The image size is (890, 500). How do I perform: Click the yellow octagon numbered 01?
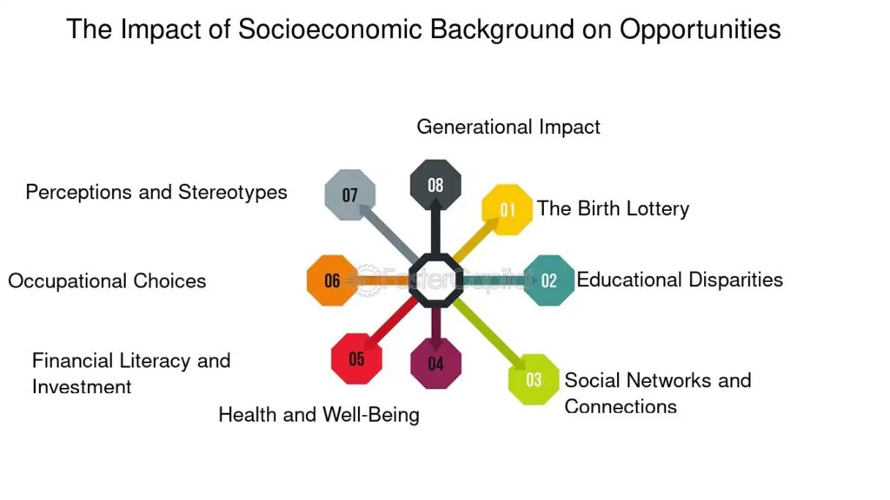coord(508,210)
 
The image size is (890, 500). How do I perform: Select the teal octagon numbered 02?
coord(549,280)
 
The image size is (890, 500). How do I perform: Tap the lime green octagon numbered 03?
coord(534,379)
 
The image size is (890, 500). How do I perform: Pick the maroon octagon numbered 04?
coord(436,364)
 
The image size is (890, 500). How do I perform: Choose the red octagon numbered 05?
coord(356,359)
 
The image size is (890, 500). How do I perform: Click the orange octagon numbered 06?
coord(332,280)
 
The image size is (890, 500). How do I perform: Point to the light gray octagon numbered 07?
coord(349,195)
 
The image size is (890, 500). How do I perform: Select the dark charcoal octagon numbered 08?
coord(435,185)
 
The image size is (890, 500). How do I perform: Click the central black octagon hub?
coord(435,280)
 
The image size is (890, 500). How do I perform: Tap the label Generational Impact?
coord(508,127)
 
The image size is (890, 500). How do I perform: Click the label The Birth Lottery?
coord(613,208)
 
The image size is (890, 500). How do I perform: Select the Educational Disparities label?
coord(680,280)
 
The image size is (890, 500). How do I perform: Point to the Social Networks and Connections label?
coord(658,393)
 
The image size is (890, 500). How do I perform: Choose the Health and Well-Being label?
coord(319,415)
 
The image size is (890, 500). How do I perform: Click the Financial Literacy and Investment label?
coord(131,373)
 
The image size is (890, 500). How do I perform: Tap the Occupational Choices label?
coord(107,281)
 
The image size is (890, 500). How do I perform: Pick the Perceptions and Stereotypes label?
coord(156,192)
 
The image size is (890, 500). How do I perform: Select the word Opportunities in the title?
coord(700,30)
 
